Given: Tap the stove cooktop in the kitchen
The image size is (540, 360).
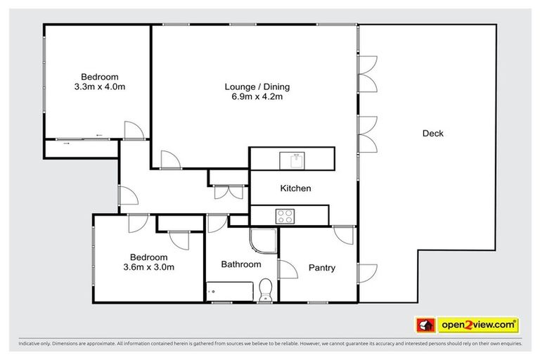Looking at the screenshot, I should point(285,215).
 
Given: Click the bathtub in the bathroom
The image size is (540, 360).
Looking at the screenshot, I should point(228,290).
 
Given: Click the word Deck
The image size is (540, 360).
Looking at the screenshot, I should point(432,134).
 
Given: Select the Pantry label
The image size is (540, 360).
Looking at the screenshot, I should point(321,268).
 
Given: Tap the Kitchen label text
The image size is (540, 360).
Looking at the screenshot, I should point(295,188).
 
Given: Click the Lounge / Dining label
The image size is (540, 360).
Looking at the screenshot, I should point(257,87).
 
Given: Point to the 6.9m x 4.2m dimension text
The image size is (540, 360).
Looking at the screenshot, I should point(257,97).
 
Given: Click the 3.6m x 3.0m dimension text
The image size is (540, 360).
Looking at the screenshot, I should point(148,267).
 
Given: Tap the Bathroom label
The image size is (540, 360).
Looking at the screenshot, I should point(240,265).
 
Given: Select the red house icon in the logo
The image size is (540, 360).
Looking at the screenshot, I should point(425,325).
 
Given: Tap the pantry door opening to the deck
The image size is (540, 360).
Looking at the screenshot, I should point(366,273).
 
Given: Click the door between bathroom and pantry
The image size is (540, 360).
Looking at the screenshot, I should point(287,270).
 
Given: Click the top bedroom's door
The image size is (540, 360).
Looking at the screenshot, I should point(134,130).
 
